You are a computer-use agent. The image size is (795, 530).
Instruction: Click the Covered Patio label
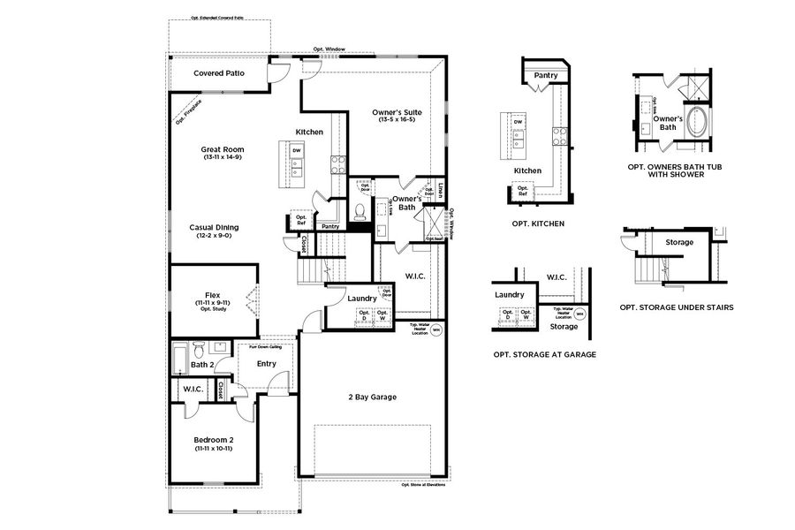(x=219, y=72)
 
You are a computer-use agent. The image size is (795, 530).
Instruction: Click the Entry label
(x=266, y=363)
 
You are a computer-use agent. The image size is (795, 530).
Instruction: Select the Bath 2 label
(x=201, y=365)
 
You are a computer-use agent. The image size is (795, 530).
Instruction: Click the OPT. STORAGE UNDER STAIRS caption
(x=676, y=307)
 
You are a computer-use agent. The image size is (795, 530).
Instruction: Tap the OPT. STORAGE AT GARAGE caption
(x=545, y=353)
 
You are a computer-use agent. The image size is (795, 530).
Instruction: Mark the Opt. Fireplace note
(x=188, y=110)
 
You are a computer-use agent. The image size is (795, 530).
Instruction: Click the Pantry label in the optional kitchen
(x=545, y=76)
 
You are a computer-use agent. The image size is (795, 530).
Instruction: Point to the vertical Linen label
(x=440, y=188)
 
